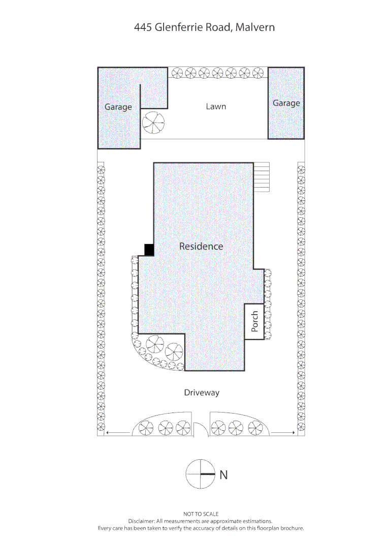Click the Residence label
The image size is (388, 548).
(x=201, y=247)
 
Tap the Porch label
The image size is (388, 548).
(x=255, y=321)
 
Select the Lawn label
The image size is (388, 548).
(x=216, y=107)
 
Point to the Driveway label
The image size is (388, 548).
(x=202, y=393)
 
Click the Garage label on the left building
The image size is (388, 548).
(x=118, y=107)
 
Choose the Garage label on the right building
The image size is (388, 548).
(x=286, y=103)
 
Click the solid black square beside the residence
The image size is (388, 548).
(x=149, y=250)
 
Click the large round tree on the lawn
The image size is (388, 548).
(x=153, y=122)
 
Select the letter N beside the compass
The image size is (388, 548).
(x=223, y=475)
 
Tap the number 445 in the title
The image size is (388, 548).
(x=142, y=27)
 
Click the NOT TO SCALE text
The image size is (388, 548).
(x=201, y=514)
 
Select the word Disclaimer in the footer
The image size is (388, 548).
(x=142, y=521)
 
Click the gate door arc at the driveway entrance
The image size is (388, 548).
(x=199, y=430)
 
